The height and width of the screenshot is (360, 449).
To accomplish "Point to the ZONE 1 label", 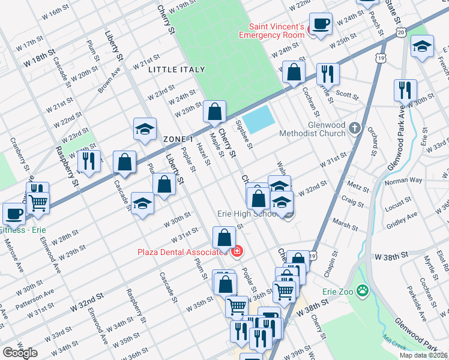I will point(178,139).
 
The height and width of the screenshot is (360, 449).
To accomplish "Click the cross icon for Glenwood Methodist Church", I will point(355,128).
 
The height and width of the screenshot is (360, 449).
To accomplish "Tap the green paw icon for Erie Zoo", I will point(363,292).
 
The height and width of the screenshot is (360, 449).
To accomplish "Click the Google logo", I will point(20,353).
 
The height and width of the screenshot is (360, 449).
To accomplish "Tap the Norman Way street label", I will point(403,181).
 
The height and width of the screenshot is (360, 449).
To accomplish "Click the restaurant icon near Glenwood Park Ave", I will point(405,91).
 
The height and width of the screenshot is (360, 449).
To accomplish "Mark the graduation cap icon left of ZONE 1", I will point(145,130).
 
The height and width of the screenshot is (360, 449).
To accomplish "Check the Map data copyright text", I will point(423,355).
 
